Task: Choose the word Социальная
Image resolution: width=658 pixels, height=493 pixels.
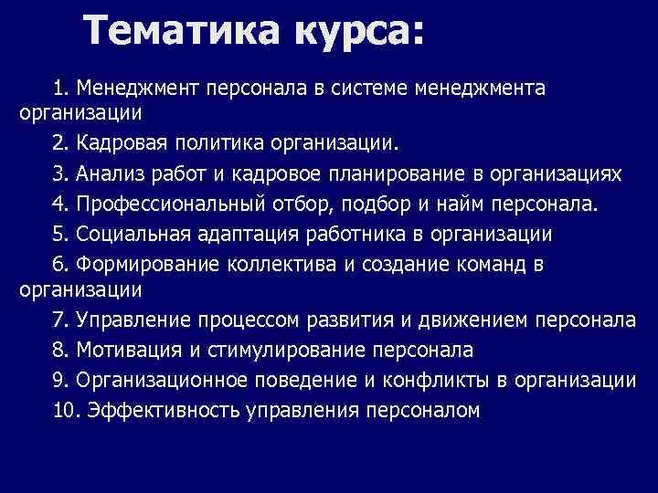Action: point(133,234)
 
